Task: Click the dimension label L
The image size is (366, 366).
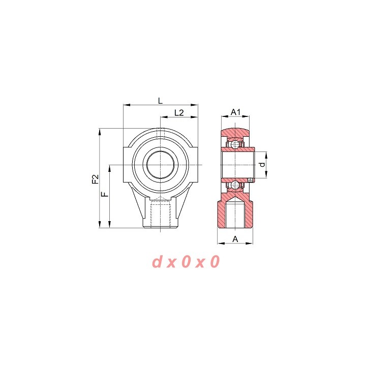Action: pos(160,101)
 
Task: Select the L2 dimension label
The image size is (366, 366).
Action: pos(179,113)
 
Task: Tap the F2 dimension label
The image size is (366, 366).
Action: pos(96,179)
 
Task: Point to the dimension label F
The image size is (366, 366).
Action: pos(106,194)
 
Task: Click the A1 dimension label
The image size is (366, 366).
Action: pos(235,112)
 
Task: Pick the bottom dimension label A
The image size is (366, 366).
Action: pos(235,239)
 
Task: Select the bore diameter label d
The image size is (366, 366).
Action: pos(263,165)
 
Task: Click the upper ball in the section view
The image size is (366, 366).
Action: pos(235,144)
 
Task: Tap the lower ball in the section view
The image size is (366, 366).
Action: pos(235,186)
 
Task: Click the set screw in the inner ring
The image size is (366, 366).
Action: pos(251,180)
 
